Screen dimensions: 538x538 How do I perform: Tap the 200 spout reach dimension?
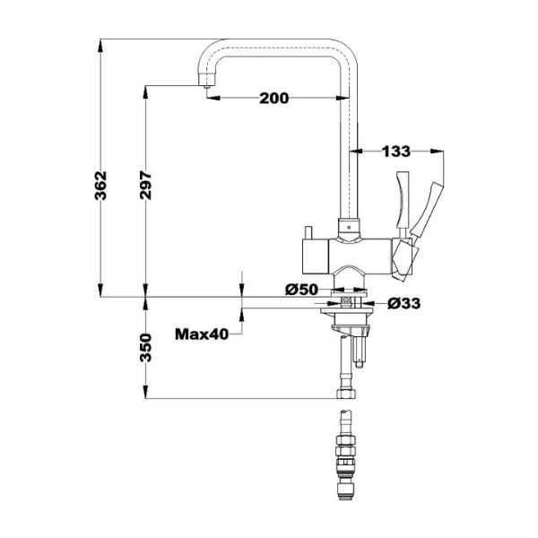273,99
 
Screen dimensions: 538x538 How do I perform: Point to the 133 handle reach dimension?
396,152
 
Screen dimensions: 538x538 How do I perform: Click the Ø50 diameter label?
302,289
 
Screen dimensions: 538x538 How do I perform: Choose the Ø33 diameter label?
404,304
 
